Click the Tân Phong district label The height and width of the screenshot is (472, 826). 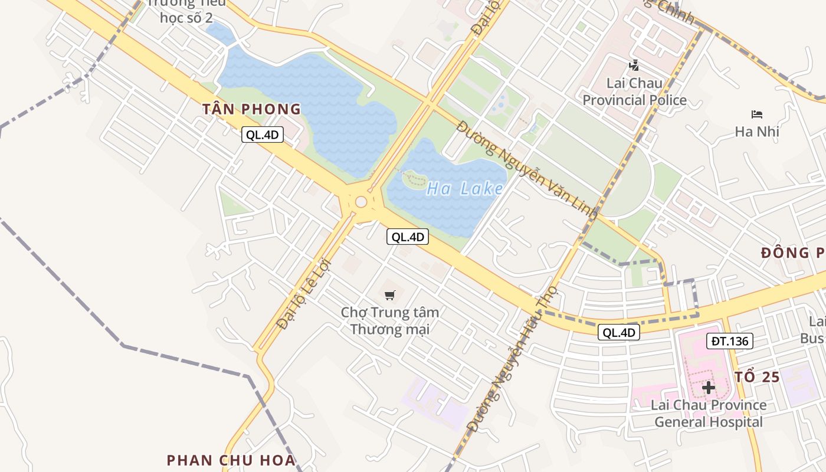251,109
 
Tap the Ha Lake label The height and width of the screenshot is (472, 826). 465,189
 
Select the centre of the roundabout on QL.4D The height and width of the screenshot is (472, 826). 361,202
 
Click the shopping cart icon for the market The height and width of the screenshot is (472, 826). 389,294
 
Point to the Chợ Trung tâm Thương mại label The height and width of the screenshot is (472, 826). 390,320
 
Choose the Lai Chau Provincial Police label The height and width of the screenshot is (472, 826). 634,91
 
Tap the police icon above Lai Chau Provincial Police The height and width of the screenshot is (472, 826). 634,65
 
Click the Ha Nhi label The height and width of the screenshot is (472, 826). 757,132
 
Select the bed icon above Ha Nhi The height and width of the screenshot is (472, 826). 757,114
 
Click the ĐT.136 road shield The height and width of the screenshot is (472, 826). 730,340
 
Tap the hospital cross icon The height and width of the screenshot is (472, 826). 708,388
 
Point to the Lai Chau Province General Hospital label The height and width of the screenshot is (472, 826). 708,414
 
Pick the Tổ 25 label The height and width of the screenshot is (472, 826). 758,378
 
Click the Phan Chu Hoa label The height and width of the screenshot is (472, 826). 231,460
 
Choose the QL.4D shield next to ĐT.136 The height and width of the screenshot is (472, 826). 619,333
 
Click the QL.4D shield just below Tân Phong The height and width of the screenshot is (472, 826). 263,135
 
